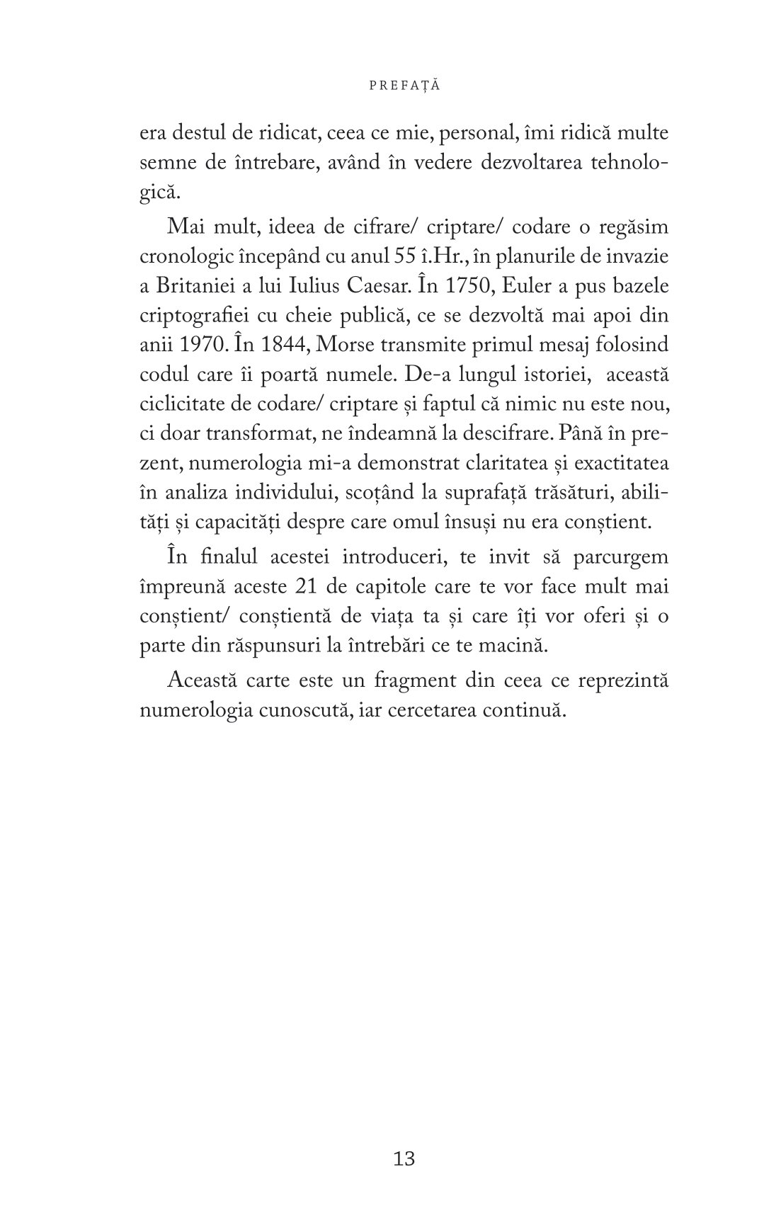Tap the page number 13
[404, 1158]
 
